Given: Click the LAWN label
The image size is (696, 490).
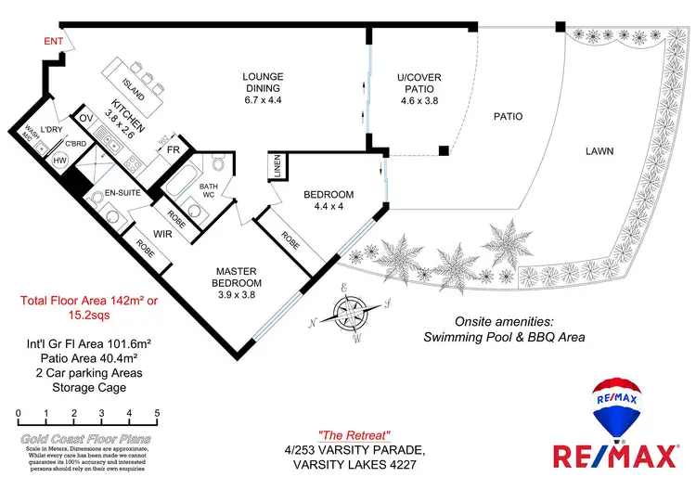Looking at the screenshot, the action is [602, 150].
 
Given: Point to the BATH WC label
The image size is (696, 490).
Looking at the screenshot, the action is [209, 191].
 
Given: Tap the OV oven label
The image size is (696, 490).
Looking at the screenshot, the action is [86, 119].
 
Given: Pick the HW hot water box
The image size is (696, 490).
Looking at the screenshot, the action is [60, 161].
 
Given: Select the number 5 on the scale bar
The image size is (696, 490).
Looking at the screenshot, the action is [158, 413].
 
